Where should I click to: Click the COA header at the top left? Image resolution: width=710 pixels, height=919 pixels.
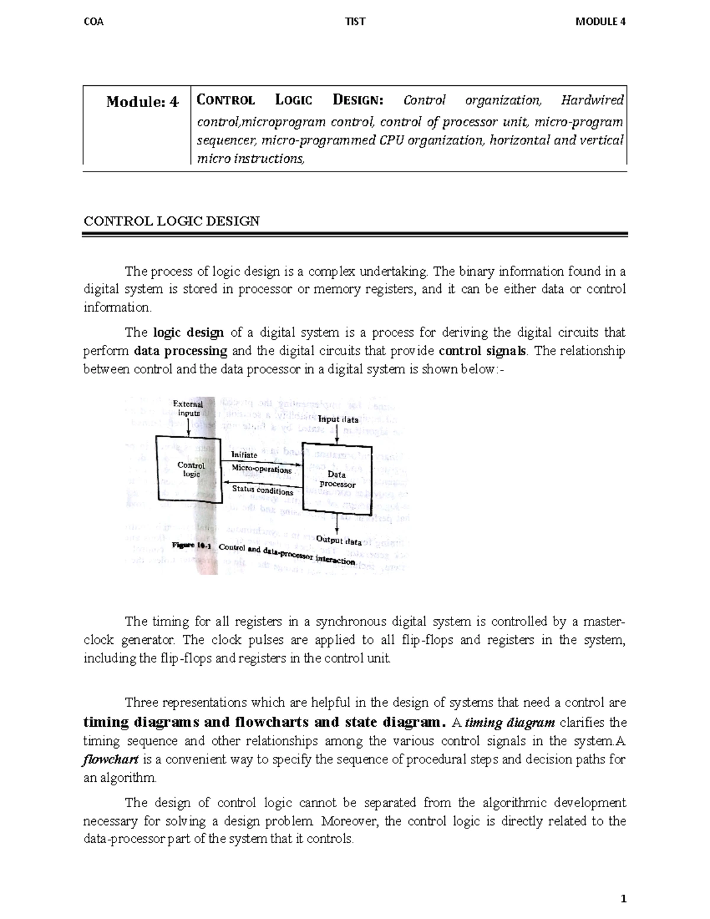[x=94, y=22]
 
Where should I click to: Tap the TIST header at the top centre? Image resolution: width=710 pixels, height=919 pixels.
[x=355, y=22]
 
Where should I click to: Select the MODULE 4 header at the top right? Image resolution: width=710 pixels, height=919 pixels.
[x=601, y=22]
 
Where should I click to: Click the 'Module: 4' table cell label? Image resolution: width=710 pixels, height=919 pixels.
[x=142, y=102]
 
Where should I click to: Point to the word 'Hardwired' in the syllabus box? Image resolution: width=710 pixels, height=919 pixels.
[x=592, y=100]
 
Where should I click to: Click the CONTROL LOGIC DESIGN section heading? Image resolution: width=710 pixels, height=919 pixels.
[x=172, y=222]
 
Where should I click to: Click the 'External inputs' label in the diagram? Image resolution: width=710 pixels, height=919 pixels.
[x=188, y=409]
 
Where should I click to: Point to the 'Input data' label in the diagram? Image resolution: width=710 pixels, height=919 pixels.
[x=338, y=420]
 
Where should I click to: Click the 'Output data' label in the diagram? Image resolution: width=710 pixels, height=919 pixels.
[x=338, y=540]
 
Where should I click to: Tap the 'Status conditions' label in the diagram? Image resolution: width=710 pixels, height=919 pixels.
[x=262, y=491]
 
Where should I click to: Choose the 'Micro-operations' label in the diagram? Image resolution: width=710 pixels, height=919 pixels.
[x=262, y=469]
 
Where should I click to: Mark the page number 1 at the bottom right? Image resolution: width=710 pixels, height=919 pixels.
[x=623, y=899]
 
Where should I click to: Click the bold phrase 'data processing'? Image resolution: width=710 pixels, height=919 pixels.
[x=180, y=351]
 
